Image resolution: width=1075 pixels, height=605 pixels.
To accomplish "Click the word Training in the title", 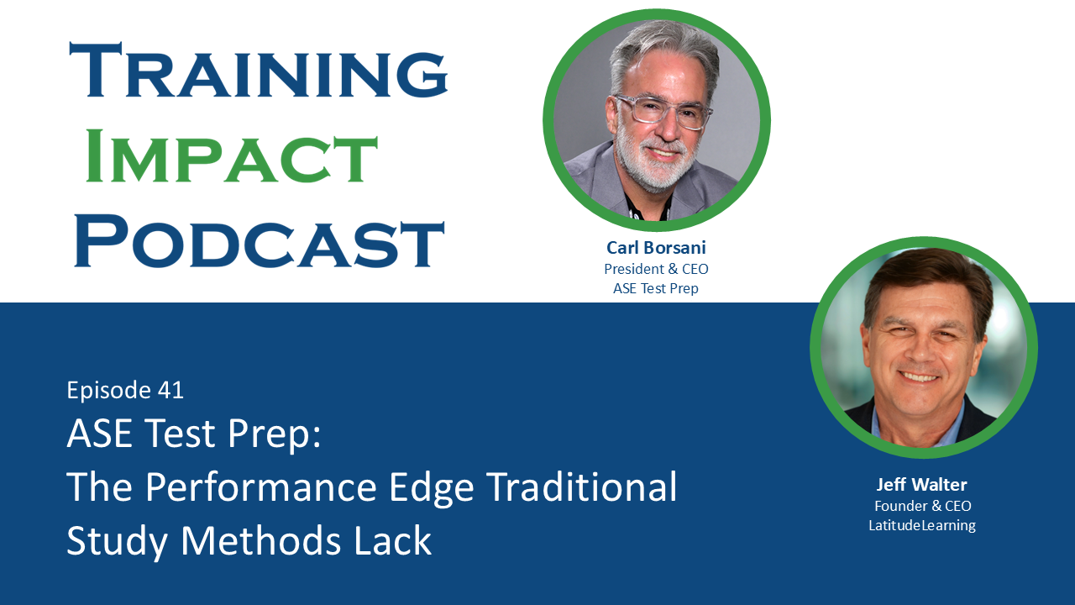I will point(259,71).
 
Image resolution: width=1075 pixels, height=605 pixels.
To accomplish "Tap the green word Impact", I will point(232,156).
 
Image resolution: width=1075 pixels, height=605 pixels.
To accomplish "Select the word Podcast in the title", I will point(259,241).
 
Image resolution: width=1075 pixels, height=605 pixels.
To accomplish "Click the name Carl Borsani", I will point(656,248).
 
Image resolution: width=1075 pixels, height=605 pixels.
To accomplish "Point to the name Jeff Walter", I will point(922,485).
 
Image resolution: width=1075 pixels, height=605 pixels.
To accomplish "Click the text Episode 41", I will point(125,390).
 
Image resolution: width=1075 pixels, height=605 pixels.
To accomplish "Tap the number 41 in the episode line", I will point(170,390).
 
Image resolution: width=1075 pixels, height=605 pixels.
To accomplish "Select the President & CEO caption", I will point(656,269).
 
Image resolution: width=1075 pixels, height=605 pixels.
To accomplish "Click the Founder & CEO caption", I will point(922,506).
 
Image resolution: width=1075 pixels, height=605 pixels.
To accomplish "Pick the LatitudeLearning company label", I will point(922,525).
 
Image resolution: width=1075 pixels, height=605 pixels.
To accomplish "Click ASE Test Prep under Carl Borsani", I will point(656,288).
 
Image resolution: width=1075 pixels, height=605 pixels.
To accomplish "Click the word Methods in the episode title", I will point(267,540).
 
